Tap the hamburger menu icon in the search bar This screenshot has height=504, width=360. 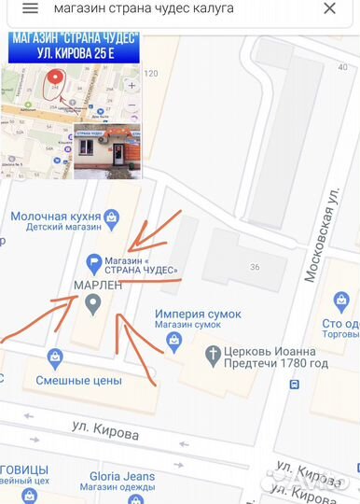coord(30,8)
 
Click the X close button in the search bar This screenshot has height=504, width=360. coord(329,8)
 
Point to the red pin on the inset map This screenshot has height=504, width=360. coord(56,80)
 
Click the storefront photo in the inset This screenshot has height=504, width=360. coord(106,149)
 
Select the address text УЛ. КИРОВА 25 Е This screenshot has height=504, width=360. coord(74,53)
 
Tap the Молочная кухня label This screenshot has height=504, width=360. coord(55,217)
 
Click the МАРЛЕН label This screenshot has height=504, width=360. coord(90,285)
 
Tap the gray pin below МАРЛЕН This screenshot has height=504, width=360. coord(92,302)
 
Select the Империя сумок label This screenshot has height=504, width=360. coord(198,315)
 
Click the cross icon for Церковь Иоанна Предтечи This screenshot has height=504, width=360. coord(212,355)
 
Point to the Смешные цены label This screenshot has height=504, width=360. coord(78,380)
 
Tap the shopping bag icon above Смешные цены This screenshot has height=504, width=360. coord(55,357)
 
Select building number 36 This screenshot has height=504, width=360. coord(254,267)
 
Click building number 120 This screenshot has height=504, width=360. coord(151,73)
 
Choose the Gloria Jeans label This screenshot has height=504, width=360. coord(122,476)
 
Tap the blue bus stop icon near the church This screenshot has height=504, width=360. coord(295,384)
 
